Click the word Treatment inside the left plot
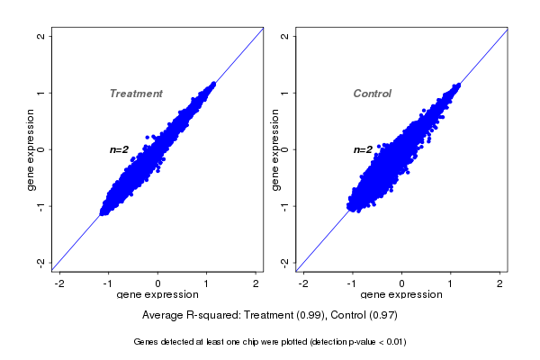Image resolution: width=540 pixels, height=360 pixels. (x=136, y=94)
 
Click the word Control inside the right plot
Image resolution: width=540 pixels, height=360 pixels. (x=372, y=94)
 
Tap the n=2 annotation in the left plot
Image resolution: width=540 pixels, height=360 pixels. (x=120, y=149)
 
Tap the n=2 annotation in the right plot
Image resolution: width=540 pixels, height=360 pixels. (x=363, y=149)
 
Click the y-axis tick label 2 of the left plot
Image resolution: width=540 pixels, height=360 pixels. (x=41, y=36)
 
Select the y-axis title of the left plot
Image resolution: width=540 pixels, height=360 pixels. (x=31, y=149)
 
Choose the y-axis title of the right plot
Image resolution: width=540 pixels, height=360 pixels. (x=275, y=149)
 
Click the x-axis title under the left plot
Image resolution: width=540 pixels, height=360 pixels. (x=157, y=295)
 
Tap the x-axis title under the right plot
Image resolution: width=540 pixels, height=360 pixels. (x=401, y=295)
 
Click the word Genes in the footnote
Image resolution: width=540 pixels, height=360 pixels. (x=146, y=342)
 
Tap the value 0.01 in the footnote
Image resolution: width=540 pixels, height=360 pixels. (x=392, y=342)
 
